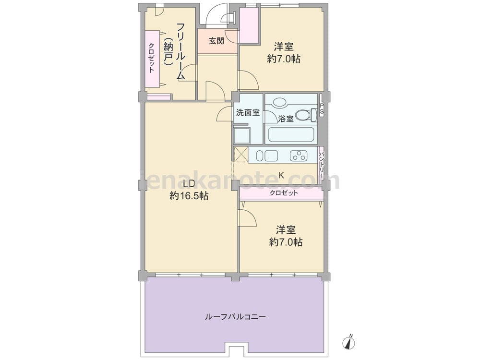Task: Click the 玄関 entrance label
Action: pos(216,41)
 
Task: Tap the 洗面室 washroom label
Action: pos(248,113)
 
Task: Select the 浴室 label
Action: pos(286,119)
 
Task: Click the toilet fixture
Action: pos(306,115)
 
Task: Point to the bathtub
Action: pos(291,135)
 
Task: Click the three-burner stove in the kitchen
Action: pos(298,156)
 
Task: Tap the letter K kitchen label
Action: pos(281,175)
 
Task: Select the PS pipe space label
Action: pos(322,109)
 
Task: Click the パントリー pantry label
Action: pos(322,164)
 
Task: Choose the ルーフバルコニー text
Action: pos(235,316)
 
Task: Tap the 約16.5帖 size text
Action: pos(189,196)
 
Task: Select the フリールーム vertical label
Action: pos(181,51)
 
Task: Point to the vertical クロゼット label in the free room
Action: pos(152,58)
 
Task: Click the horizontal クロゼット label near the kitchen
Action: pos(284,193)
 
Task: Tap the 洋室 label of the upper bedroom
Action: pos(284,47)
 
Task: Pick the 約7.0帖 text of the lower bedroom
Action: pos(286,242)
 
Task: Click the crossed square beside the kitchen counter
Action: pos(240,154)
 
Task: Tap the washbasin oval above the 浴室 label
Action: pos(279,102)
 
